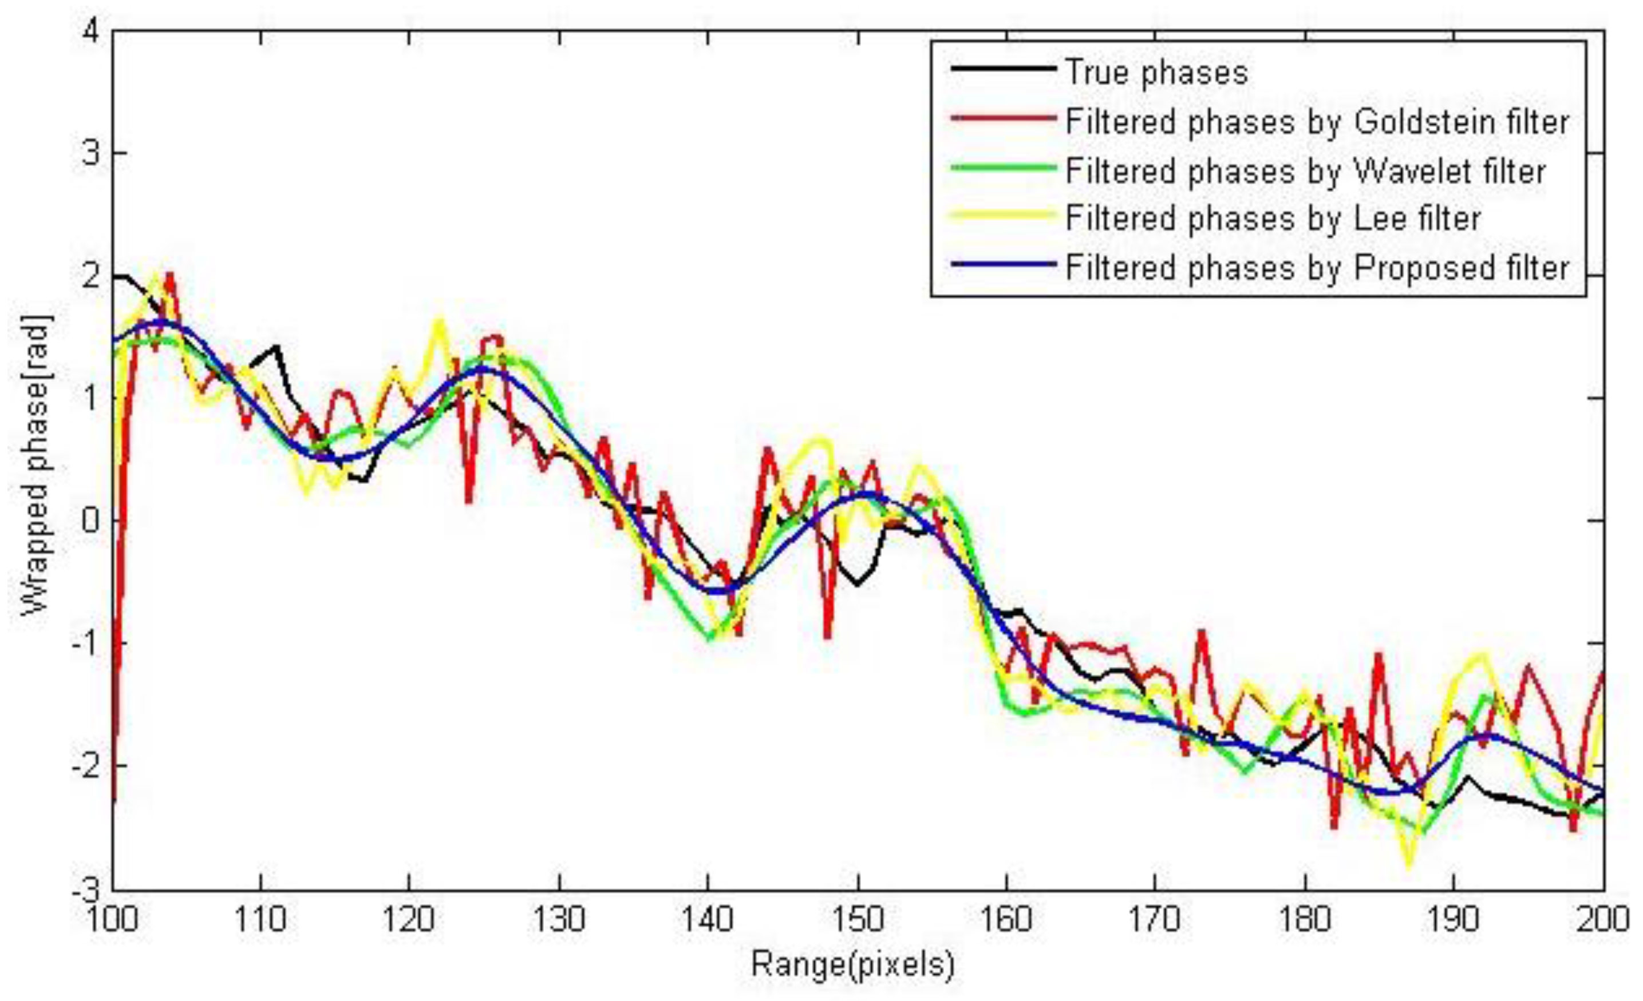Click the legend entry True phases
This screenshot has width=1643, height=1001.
1156,72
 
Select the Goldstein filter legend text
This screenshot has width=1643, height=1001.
1317,122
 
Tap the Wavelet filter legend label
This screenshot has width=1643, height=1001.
1305,171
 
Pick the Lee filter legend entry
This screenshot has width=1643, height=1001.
1272,219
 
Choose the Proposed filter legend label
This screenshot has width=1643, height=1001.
1317,268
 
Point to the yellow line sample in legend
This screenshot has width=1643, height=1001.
1004,215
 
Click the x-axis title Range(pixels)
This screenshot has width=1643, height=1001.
853,964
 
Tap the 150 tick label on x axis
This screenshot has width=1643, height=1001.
858,920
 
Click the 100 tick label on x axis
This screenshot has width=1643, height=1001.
112,920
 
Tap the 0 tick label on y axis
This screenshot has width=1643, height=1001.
92,521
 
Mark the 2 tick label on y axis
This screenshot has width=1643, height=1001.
92,276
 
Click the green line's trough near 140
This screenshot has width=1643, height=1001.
709,639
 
